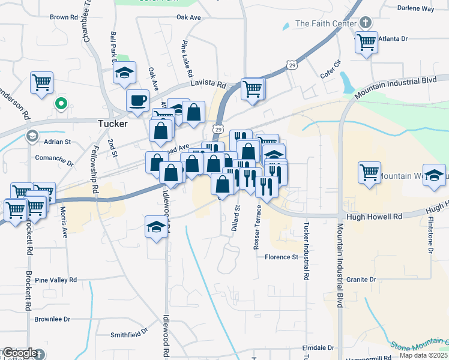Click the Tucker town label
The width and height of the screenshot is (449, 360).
(x=112, y=124)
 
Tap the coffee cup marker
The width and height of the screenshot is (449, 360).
(x=137, y=100)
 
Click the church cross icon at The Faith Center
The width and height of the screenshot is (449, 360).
(x=364, y=24)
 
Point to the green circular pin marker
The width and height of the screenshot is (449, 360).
(x=60, y=104)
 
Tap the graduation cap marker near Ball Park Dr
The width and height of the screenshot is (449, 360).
(x=124, y=73)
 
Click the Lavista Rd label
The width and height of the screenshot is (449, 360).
(x=208, y=85)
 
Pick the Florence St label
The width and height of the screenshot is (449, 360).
(x=282, y=257)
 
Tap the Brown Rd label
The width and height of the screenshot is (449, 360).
(x=64, y=17)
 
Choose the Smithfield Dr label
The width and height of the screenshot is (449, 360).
(x=129, y=331)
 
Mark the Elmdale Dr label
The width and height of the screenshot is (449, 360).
(x=318, y=348)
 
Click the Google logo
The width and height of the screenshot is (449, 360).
(x=19, y=353)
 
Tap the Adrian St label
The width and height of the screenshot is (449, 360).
(x=58, y=142)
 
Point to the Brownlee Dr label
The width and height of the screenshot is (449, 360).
(x=52, y=319)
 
